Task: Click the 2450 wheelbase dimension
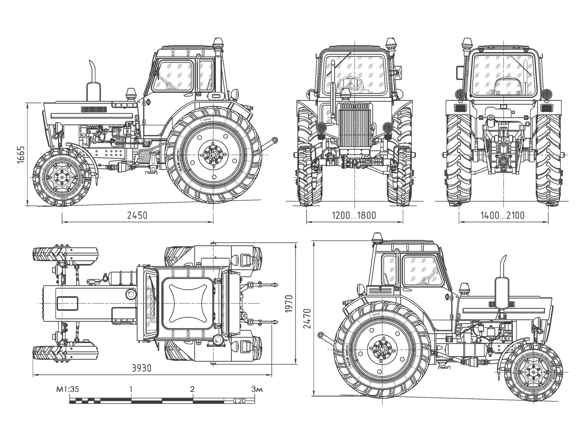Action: coord(137,215)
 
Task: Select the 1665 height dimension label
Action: coord(21,155)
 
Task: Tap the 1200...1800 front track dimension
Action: coord(354,215)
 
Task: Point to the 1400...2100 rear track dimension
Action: coord(502,215)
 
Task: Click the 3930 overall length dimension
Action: coord(141,368)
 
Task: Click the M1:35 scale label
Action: coord(67,389)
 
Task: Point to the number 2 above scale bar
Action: coord(192,389)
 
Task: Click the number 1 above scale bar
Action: coord(131,389)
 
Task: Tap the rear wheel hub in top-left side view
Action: coord(213,155)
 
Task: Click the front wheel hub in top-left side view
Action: coord(62,177)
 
